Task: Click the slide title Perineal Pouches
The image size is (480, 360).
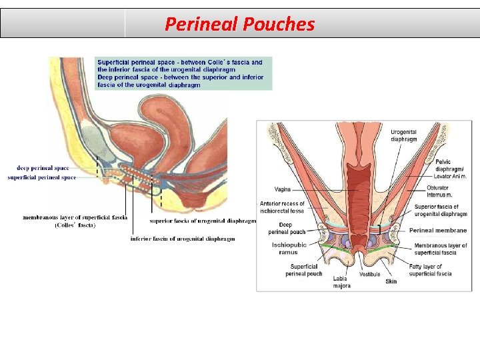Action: pos(239,24)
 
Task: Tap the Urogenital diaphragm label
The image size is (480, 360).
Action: pos(404,136)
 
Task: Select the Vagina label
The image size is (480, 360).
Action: pos(282,189)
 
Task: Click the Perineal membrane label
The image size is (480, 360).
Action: pos(438,230)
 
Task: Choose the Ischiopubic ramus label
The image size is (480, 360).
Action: pos(289,249)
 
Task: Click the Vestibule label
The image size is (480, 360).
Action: pos(369,274)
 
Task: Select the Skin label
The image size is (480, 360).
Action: pos(391,281)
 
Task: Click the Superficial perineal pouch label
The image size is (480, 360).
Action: pos(304,270)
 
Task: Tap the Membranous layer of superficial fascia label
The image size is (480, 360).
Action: pos(441,249)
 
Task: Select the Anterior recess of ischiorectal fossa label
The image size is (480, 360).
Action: pos(282,207)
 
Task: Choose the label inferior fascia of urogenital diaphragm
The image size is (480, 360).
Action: pos(183,239)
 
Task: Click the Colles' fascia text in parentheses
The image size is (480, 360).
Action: pos(75,225)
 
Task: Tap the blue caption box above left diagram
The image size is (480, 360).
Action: pos(183,73)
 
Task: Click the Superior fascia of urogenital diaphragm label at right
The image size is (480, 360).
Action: pos(441,210)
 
